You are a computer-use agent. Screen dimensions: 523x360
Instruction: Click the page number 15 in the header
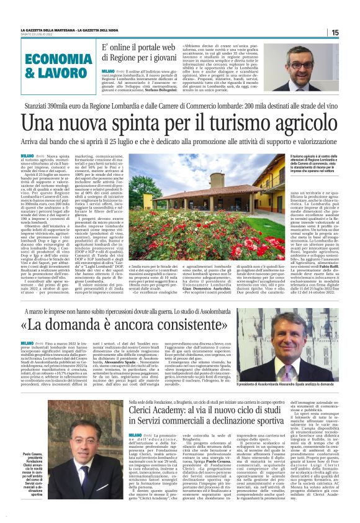click(x=335, y=32)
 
